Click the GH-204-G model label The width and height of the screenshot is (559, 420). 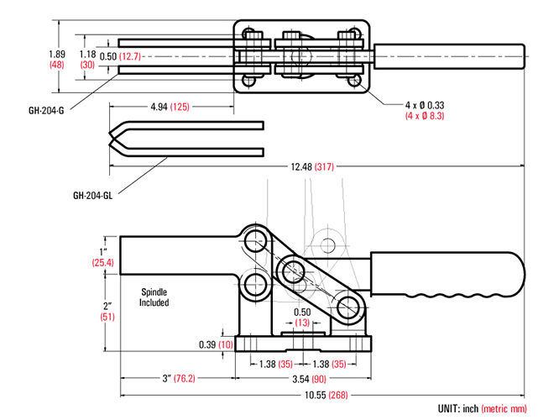pyautogui.click(x=46, y=111)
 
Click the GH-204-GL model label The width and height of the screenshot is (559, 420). pyautogui.click(x=92, y=196)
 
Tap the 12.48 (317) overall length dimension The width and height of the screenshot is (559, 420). pyautogui.click(x=313, y=166)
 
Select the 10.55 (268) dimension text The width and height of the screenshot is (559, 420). pyautogui.click(x=327, y=395)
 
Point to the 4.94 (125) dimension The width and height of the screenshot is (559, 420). pyautogui.click(x=170, y=107)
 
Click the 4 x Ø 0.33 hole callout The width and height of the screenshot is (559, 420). pyautogui.click(x=425, y=105)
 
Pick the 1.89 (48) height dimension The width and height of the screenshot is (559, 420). pyautogui.click(x=57, y=60)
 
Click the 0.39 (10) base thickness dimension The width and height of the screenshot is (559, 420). pyautogui.click(x=216, y=344)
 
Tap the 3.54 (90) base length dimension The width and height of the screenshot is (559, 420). pyautogui.click(x=310, y=379)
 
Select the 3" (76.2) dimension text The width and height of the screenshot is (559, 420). pyautogui.click(x=179, y=379)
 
